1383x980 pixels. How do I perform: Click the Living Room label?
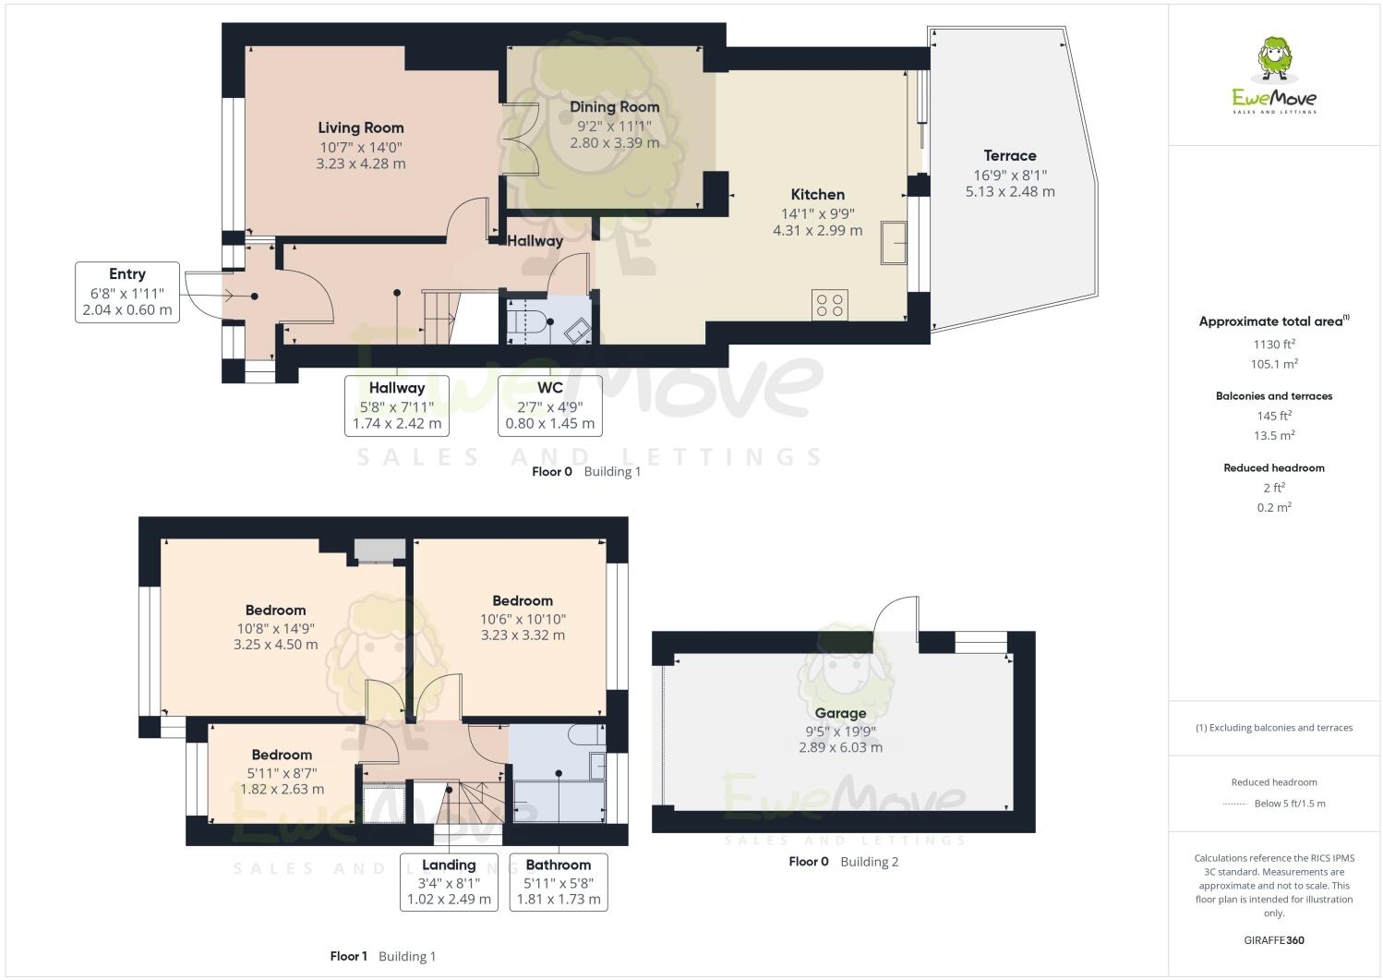(x=360, y=127)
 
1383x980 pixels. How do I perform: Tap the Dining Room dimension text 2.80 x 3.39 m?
(x=614, y=143)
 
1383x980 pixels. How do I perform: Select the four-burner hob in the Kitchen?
(x=829, y=305)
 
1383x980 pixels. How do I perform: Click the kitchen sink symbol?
(x=894, y=242)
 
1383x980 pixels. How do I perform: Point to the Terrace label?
(x=1009, y=155)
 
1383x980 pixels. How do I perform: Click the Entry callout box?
(x=127, y=292)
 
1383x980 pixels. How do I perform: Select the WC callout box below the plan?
(x=549, y=405)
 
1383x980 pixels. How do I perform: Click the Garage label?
(x=840, y=713)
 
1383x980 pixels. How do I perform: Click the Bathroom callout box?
(x=559, y=881)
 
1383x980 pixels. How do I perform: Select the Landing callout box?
(x=449, y=881)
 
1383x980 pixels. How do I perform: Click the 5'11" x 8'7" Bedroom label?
(x=282, y=755)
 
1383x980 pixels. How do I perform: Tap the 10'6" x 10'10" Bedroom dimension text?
(x=523, y=619)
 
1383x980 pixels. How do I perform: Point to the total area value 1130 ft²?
(x=1274, y=344)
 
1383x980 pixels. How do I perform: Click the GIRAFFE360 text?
(x=1274, y=940)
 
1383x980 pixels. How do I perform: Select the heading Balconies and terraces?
(x=1274, y=395)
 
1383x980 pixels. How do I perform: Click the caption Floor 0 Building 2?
(x=843, y=862)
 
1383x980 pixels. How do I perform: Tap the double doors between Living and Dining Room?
(x=519, y=139)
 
